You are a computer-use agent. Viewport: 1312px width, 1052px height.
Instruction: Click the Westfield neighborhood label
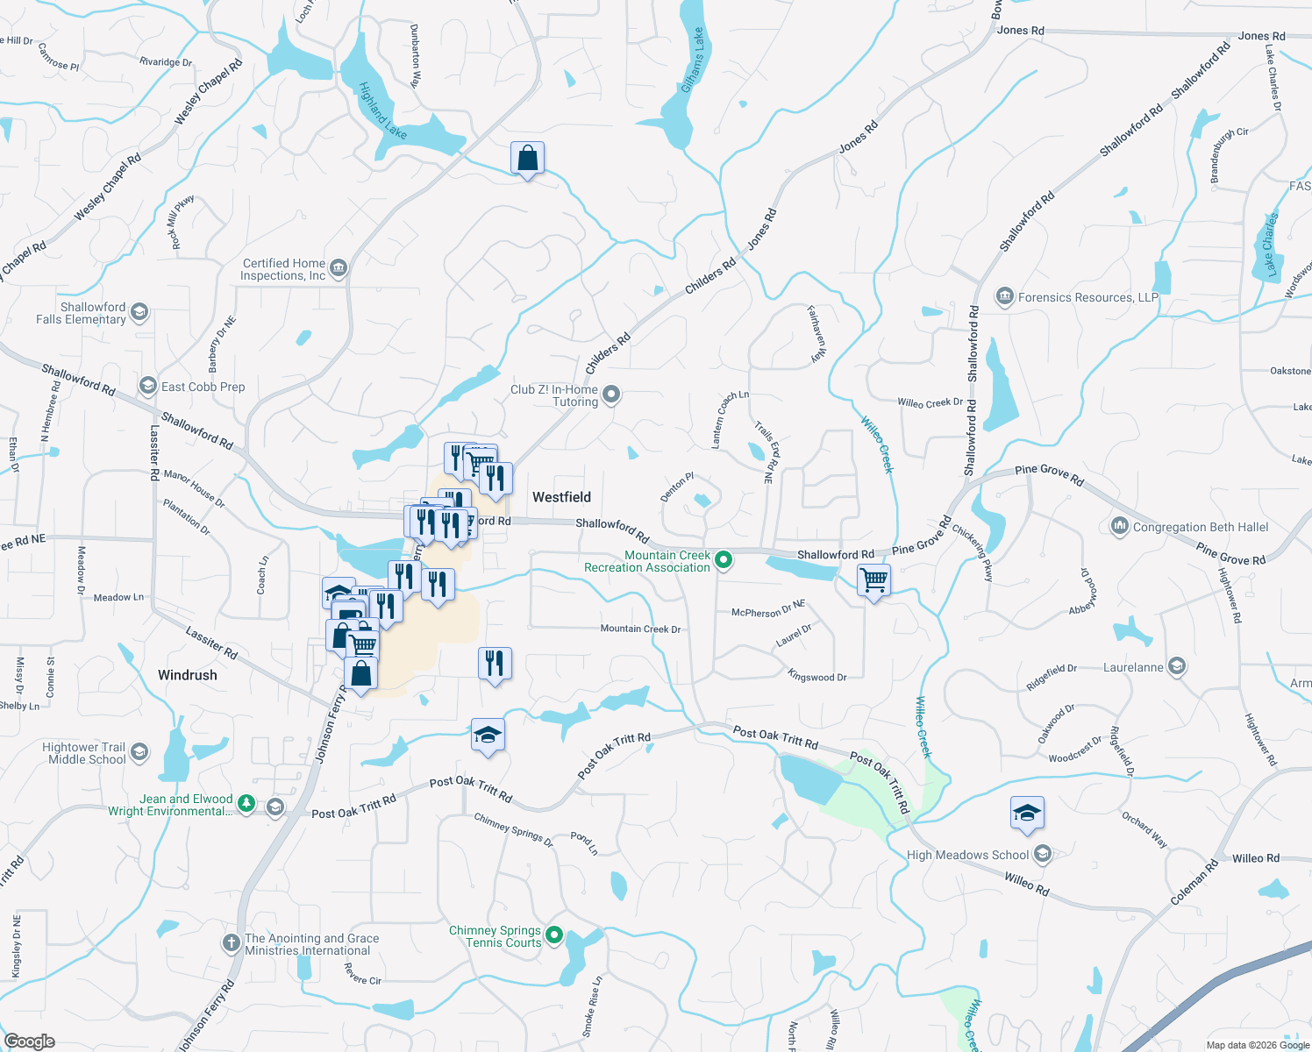point(561,497)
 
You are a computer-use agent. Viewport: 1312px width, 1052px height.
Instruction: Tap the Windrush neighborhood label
point(187,675)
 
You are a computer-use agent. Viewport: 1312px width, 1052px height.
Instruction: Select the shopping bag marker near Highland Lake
point(527,159)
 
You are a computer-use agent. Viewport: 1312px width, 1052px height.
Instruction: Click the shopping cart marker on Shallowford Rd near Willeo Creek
point(874,580)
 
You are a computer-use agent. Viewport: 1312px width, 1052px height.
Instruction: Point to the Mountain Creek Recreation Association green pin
point(724,559)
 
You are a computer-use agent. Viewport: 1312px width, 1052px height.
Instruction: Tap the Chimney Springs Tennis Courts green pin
point(554,935)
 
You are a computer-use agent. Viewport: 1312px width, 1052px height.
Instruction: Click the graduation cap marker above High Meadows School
point(1027,814)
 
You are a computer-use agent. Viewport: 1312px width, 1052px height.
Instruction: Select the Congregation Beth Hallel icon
point(1119,526)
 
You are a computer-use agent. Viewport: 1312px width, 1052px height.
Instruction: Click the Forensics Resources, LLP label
point(1087,297)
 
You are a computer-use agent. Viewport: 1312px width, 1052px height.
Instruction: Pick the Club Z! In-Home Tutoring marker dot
point(612,394)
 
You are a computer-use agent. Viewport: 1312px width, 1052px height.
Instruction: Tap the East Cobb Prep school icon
point(148,386)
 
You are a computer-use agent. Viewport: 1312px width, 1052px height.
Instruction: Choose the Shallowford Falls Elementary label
point(82,313)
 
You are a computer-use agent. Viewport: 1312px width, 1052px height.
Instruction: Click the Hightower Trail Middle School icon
point(139,752)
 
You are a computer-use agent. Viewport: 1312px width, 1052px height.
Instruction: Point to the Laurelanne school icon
point(1177,667)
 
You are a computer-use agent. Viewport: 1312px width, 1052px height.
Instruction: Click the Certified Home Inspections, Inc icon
point(339,268)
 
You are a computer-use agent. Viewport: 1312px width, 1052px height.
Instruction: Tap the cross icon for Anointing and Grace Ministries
point(231,943)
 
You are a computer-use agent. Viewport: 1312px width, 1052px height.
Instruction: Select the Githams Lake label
point(693,60)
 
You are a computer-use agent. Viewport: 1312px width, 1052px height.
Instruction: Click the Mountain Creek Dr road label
point(640,629)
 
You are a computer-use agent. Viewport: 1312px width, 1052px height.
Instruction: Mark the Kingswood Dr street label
point(816,676)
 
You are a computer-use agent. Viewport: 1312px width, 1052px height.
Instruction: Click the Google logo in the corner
point(30,1041)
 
